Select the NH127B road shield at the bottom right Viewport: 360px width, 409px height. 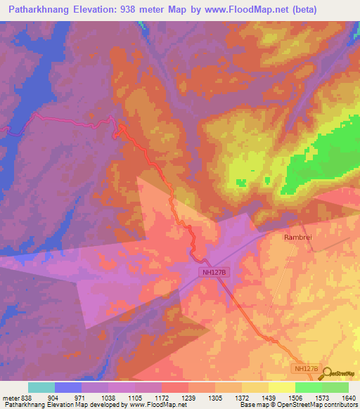point(305,368)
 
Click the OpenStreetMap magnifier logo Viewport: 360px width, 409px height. point(325,372)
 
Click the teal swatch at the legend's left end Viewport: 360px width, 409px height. point(41,387)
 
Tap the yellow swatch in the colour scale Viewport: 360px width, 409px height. point(281,387)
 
